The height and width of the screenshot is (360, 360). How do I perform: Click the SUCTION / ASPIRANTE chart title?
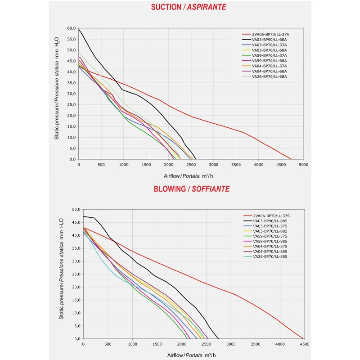click(188, 7)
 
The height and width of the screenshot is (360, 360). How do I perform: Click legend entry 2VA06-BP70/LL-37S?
click(270, 216)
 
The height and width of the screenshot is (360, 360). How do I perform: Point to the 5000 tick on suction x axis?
click(303, 165)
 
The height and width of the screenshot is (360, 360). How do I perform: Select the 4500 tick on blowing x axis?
click(304, 344)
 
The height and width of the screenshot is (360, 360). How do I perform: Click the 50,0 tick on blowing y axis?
click(74, 210)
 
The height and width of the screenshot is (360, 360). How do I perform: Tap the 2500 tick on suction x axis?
click(191, 165)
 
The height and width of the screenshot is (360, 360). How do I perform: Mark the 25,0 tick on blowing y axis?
click(74, 274)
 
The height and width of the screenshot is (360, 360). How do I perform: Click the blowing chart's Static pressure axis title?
click(62, 269)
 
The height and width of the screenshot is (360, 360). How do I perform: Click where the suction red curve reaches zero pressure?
click(292, 159)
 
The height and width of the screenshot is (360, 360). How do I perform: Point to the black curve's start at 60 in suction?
click(79, 29)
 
